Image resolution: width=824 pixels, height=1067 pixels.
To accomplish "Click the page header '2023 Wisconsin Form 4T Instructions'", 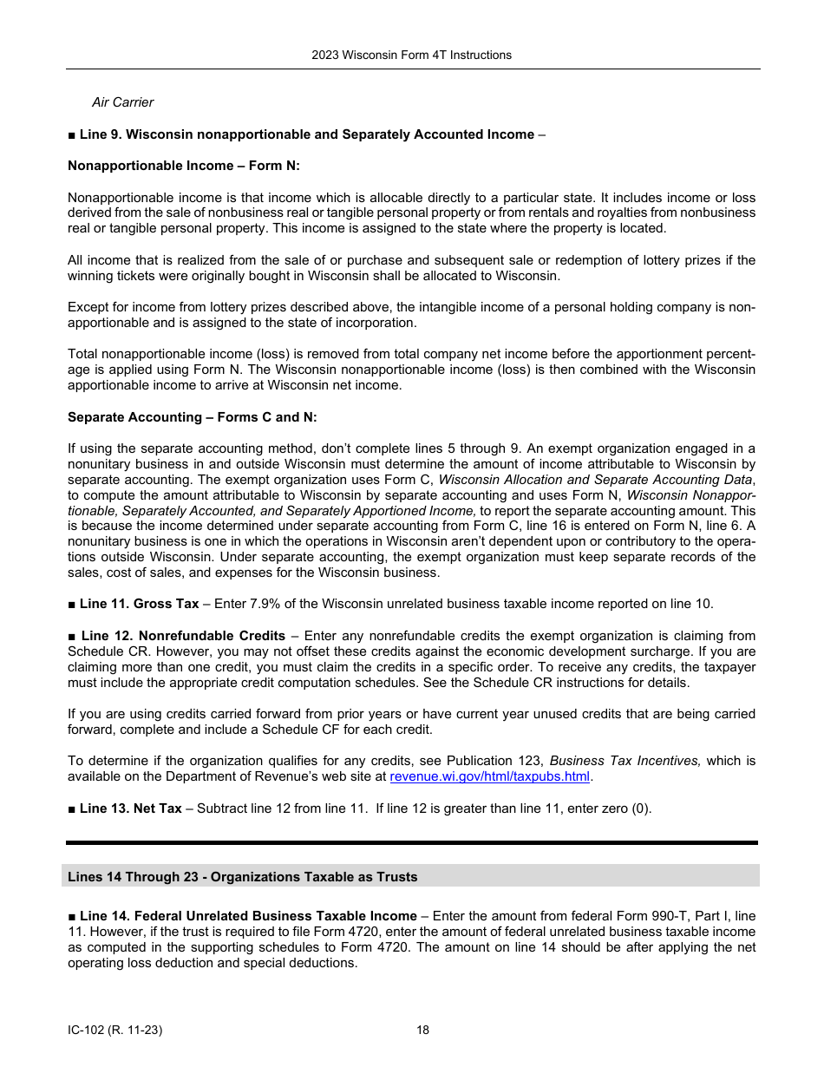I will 411,55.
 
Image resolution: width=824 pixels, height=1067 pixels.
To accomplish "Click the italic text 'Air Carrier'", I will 122,102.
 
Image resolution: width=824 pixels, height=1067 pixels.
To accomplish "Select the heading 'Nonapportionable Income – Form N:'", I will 184,166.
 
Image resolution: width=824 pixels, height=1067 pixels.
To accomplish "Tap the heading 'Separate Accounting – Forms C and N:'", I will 193,417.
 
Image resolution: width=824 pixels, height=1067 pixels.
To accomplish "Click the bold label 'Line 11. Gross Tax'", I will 139,604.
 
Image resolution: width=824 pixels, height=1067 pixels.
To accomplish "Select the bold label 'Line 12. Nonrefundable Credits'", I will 182,636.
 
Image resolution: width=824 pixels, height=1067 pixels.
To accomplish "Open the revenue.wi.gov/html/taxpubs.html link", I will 489,776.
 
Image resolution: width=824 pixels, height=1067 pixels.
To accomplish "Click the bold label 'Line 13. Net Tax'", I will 130,808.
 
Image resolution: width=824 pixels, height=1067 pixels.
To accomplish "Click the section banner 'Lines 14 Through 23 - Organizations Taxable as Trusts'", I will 243,877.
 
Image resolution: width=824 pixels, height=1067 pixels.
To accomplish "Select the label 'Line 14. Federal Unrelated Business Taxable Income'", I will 248,916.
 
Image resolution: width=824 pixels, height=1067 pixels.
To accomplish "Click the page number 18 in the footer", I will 422,1031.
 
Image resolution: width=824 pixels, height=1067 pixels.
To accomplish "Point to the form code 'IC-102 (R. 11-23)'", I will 115,1031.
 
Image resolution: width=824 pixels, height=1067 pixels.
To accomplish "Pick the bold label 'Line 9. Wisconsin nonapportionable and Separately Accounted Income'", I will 307,134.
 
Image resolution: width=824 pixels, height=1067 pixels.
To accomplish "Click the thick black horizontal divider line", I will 411,842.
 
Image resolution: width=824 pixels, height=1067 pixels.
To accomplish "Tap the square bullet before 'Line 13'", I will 72,808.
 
